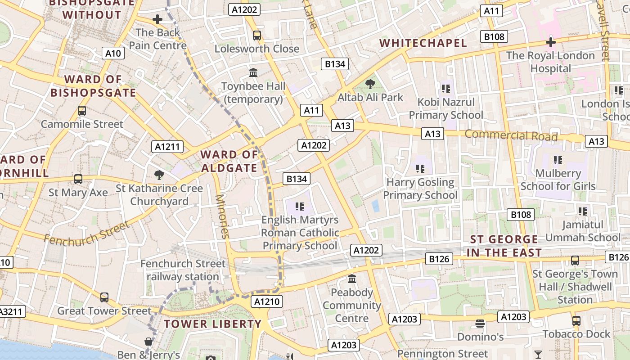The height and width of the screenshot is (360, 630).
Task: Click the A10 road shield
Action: pos(113,54)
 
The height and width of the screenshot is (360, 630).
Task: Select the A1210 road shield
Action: pos(267,301)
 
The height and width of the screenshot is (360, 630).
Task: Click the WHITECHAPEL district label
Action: pos(423,43)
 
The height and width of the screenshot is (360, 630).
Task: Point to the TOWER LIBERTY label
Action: pos(212,324)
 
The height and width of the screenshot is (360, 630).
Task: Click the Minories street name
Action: pos(223,216)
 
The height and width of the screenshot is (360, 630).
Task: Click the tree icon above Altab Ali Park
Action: pos(370,84)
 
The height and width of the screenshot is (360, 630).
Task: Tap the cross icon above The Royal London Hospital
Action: pos(550,42)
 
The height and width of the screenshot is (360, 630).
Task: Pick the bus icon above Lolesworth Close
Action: pos(257,35)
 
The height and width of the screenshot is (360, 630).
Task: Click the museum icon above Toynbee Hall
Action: pos(253,72)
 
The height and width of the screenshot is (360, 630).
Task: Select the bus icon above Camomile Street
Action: pos(82,111)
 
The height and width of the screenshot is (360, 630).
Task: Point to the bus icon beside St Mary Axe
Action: pos(78,179)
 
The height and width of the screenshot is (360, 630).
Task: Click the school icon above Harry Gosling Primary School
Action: pos(420,169)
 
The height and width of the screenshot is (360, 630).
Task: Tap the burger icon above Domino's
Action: pos(480,324)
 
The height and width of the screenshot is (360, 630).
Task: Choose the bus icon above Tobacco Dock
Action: pos(576,321)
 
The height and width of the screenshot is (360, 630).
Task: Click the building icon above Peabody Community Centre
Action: pos(352,279)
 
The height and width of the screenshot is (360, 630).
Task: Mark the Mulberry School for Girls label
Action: pos(558,180)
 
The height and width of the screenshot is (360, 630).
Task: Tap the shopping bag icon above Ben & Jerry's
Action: pos(148,342)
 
